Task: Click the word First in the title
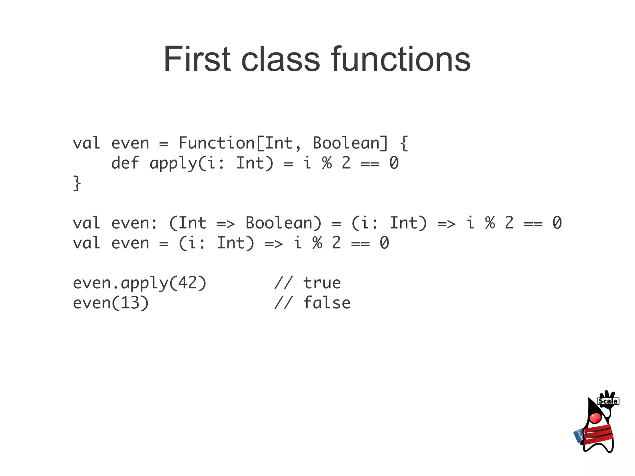[x=197, y=59]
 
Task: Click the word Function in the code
[x=216, y=143]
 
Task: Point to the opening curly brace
[x=404, y=143]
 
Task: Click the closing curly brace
[x=77, y=183]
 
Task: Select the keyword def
[x=125, y=163]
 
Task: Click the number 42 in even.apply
[x=187, y=283]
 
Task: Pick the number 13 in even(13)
[x=130, y=303]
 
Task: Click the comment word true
[x=322, y=283]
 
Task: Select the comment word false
[x=327, y=303]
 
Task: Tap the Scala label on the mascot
[x=608, y=401]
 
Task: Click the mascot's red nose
[x=595, y=418]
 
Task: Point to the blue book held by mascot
[x=579, y=436]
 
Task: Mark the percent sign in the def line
[x=327, y=163]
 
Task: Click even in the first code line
[x=130, y=143]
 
